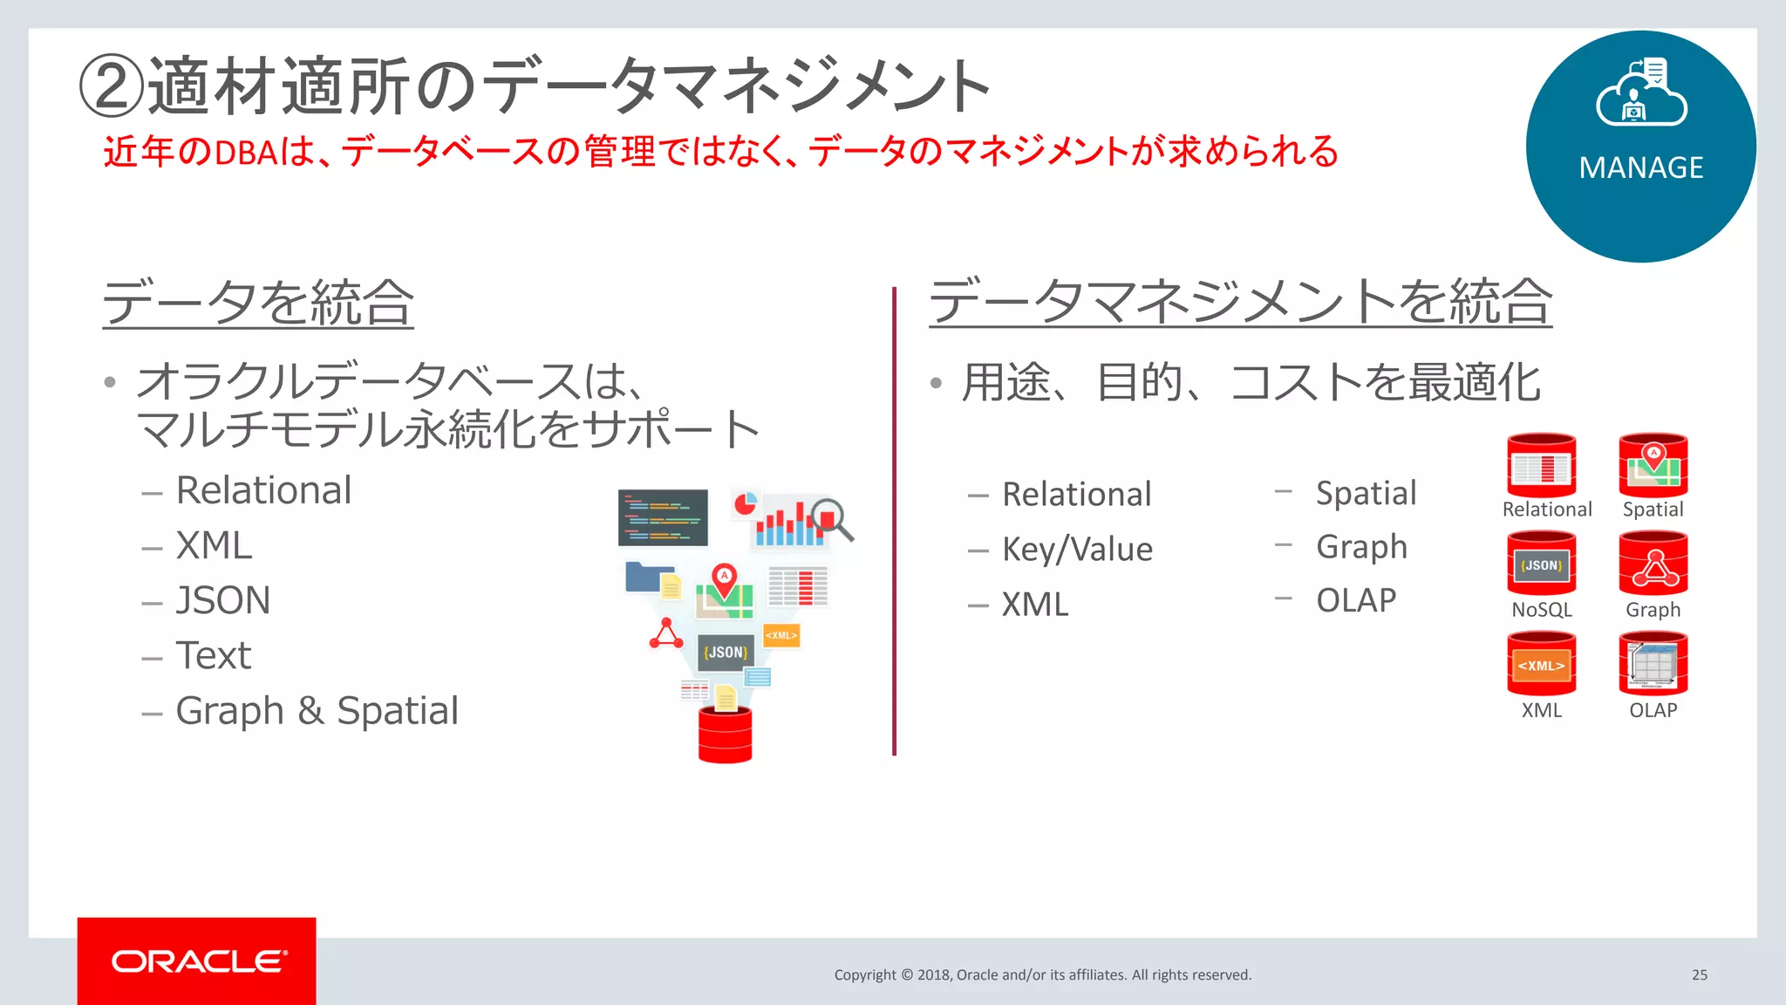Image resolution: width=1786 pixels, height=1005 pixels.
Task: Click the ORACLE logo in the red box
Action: (x=197, y=961)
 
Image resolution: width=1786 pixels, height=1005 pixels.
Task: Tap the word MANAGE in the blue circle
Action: (x=1640, y=167)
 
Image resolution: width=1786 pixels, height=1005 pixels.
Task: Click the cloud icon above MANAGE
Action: (x=1640, y=94)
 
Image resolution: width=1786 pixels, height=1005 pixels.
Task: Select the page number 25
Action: (x=1699, y=974)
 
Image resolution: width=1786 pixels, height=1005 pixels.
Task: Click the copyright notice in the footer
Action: (x=1042, y=974)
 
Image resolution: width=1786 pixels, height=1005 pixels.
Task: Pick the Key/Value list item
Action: (x=1077, y=550)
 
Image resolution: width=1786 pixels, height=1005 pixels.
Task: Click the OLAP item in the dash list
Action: (x=1355, y=600)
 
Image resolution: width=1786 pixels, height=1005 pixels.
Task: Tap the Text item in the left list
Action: (x=214, y=655)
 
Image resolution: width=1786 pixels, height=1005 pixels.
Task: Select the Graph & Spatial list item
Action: (x=317, y=710)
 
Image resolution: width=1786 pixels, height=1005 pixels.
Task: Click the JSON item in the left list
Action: (x=223, y=600)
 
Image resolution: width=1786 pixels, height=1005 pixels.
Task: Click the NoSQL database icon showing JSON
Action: (x=1541, y=564)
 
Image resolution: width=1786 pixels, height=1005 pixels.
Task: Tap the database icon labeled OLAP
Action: (x=1653, y=665)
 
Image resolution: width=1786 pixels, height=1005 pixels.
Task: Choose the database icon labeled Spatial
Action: (x=1653, y=465)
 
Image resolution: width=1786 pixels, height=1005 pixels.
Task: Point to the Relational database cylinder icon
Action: (x=1541, y=465)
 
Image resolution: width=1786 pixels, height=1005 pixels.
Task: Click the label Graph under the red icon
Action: (x=1653, y=610)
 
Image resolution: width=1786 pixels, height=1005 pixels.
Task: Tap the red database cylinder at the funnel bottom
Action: (x=725, y=735)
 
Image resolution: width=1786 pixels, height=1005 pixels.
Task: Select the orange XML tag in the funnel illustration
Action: (x=781, y=635)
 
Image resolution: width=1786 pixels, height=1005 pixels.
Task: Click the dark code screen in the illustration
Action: (x=663, y=517)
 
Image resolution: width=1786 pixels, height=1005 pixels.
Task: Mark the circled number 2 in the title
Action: (x=111, y=85)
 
